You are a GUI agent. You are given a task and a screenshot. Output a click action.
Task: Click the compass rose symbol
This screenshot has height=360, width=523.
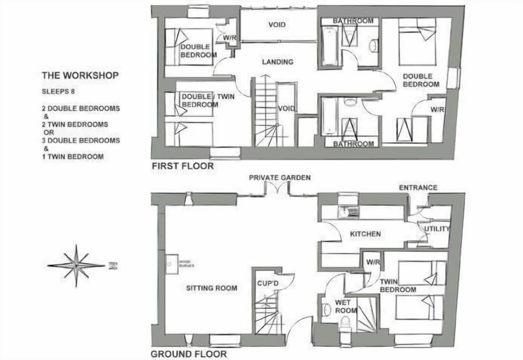pyautogui.click(x=77, y=266)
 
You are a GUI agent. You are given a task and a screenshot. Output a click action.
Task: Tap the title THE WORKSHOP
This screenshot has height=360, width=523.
pyautogui.click(x=80, y=76)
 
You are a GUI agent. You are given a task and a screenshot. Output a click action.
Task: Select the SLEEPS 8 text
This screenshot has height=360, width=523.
pyautogui.click(x=58, y=91)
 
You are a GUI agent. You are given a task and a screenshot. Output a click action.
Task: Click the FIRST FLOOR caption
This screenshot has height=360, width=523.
pyautogui.click(x=183, y=166)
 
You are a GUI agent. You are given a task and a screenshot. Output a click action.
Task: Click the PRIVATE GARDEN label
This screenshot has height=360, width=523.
pyautogui.click(x=280, y=178)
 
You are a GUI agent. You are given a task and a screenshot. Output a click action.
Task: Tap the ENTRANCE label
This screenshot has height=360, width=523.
pyautogui.click(x=418, y=188)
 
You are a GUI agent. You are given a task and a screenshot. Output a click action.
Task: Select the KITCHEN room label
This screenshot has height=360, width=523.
pyautogui.click(x=365, y=234)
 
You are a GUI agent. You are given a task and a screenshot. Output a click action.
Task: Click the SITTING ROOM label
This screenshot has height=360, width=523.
pyautogui.click(x=211, y=288)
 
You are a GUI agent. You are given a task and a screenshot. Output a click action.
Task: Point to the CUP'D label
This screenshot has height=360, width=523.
pyautogui.click(x=269, y=284)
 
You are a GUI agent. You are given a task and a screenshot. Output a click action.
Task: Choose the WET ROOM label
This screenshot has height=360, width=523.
pyautogui.click(x=346, y=306)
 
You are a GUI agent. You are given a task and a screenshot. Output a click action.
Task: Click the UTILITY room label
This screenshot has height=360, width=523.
pyautogui.click(x=437, y=229)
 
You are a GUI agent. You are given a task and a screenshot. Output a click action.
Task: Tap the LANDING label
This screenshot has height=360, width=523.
pyautogui.click(x=278, y=62)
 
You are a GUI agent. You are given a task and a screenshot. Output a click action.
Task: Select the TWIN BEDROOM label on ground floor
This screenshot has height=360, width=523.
pyautogui.click(x=398, y=285)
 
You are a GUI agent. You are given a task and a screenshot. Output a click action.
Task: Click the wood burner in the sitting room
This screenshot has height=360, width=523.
pyautogui.click(x=171, y=265)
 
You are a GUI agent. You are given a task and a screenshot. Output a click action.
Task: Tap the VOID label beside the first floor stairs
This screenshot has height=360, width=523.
pyautogui.click(x=286, y=109)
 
